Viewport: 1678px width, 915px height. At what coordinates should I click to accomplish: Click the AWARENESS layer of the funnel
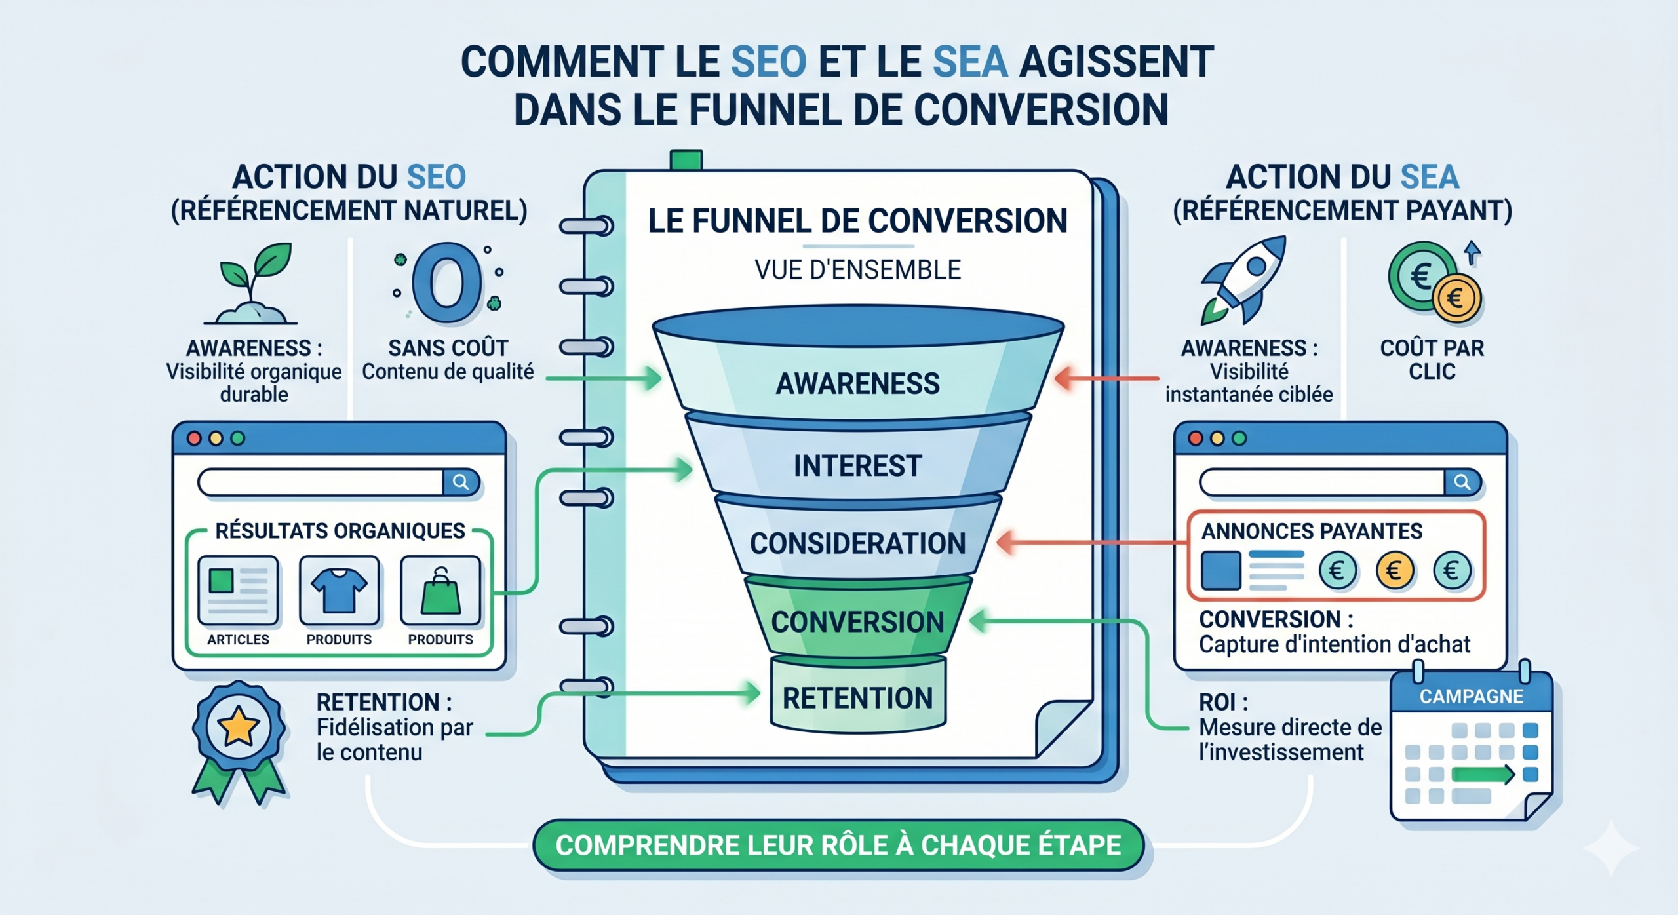(857, 383)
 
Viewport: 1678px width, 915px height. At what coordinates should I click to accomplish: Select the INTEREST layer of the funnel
(857, 465)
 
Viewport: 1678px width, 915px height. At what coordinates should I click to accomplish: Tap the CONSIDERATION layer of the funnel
(857, 543)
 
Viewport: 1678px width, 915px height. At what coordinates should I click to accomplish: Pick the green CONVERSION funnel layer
(857, 621)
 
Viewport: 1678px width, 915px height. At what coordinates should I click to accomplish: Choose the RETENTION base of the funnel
(857, 697)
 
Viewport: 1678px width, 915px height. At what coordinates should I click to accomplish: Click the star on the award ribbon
(238, 726)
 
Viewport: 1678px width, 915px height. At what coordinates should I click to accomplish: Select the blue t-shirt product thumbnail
(339, 589)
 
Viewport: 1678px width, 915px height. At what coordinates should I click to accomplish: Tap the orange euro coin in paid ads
(1394, 570)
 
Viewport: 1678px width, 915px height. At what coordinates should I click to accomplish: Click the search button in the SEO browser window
(461, 482)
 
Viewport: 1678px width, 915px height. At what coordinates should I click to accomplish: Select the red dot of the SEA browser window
(1195, 438)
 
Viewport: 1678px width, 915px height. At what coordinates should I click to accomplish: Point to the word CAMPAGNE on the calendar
(1471, 696)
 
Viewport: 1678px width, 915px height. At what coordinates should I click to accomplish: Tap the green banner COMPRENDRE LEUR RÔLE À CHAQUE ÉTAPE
(838, 846)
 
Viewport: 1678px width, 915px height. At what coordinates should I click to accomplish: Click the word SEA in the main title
(969, 62)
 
